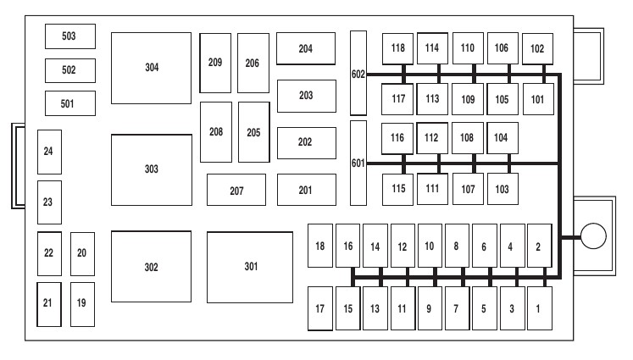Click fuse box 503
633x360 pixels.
tap(70, 36)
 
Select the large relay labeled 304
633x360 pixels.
tap(151, 68)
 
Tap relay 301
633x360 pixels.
tap(250, 267)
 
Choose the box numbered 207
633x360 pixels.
tap(236, 190)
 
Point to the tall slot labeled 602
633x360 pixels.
tap(358, 74)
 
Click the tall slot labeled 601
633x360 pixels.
tap(358, 163)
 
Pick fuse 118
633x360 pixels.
tap(398, 48)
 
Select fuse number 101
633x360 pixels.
tap(537, 98)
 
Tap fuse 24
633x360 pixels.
tap(48, 152)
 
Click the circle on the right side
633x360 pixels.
tap(594, 236)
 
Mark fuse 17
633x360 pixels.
tap(319, 308)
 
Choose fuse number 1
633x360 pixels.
tap(538, 308)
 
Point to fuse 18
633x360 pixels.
tap(319, 246)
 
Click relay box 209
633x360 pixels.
tap(215, 63)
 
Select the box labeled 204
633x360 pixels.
tap(305, 49)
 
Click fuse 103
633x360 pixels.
tap(503, 188)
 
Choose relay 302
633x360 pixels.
tap(151, 267)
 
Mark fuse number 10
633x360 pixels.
tap(430, 246)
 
